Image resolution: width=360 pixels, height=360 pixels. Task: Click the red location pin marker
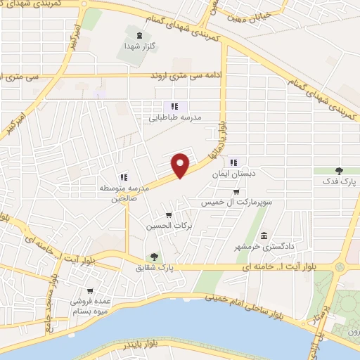pos(181,165)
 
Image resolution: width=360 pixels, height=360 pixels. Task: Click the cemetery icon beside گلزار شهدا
pos(138,34)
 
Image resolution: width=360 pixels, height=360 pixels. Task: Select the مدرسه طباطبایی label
pos(174,118)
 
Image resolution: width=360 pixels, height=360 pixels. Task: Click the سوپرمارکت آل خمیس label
pos(227,202)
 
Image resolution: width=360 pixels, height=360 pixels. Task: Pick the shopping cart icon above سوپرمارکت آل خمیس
pos(237,191)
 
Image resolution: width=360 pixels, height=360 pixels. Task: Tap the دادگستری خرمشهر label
pos(264,247)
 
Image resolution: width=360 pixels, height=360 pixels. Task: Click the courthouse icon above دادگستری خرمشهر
pos(264,236)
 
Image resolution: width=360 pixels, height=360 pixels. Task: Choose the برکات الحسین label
pos(168,226)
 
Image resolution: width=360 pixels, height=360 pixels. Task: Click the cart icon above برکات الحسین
pos(168,215)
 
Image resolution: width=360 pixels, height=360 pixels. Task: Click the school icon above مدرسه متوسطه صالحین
pos(123,177)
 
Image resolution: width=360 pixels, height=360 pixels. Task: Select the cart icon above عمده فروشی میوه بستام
pos(90,291)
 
